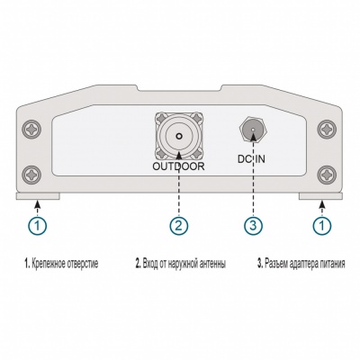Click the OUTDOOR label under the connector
pos(178,166)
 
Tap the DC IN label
pos(251,159)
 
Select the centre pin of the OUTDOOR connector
pos(179,136)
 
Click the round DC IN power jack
pos(253,130)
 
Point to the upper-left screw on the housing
pos(32,130)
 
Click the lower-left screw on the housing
pos(32,174)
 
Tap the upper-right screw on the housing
pos(327,130)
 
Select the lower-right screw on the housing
pos(327,174)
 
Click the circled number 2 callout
pos(179,225)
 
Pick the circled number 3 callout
pos(253,225)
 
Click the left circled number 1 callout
pos(37,225)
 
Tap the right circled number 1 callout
pos(322,225)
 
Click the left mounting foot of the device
pos(38,196)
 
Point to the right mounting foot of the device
pos(321,196)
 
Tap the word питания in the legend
pos(331,265)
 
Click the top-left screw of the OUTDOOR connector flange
pos(160,117)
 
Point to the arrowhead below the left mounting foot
pos(37,204)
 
